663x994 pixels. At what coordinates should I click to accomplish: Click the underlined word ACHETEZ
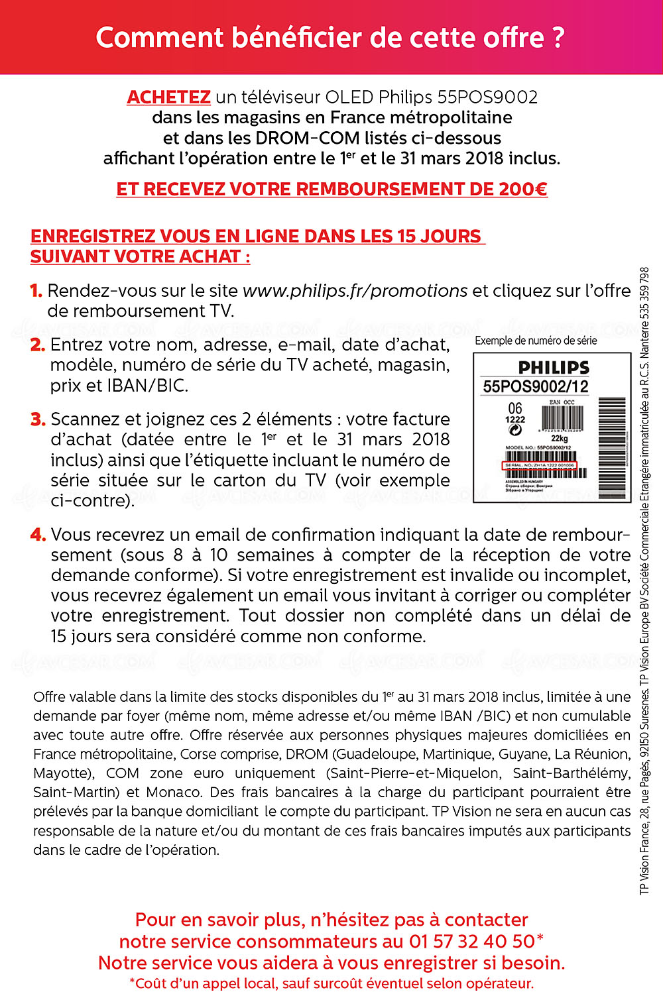168,97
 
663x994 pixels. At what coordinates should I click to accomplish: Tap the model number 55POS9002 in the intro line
487,97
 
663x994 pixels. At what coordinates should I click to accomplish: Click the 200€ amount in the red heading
523,190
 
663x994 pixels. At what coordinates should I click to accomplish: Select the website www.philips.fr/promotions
355,291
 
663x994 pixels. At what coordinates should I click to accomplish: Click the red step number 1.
36,291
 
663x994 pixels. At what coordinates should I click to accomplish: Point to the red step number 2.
38,345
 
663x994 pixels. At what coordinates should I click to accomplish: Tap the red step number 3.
38,419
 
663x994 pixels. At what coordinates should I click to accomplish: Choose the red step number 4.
38,535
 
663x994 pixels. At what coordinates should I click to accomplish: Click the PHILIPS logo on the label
554,368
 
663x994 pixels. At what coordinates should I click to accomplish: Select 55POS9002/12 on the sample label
536,386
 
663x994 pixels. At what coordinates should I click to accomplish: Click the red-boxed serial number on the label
539,465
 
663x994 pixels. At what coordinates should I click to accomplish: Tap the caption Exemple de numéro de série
536,341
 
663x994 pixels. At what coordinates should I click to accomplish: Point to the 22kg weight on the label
559,438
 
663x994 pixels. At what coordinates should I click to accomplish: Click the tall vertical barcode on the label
612,447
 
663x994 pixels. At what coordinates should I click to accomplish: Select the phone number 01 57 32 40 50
472,942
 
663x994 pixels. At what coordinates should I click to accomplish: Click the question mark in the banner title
558,38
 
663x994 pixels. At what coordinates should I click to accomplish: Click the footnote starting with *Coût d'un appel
331,983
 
